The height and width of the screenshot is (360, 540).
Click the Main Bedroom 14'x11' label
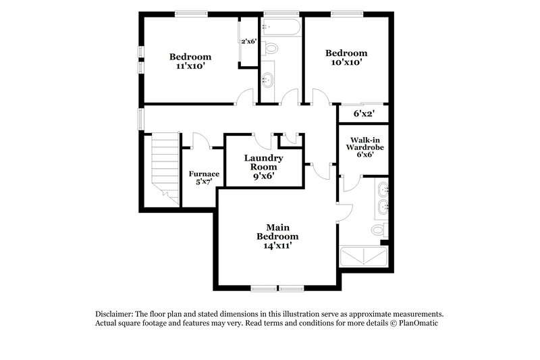tap(277, 237)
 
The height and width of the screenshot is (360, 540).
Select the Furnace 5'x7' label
tap(203, 178)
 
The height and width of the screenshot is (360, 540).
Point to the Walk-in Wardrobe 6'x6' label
tap(362, 147)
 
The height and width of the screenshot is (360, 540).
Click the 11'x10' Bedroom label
tap(190, 61)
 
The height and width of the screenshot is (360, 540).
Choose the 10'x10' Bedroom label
tap(346, 57)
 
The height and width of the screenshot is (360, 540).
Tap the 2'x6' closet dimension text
tap(248, 42)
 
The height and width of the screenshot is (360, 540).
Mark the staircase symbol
tap(164, 165)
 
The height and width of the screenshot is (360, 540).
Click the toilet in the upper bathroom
tap(271, 49)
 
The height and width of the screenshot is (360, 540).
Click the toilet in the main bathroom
tap(379, 230)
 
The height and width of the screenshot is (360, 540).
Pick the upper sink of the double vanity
tap(383, 188)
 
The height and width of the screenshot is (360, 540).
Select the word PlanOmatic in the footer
tap(419, 324)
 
